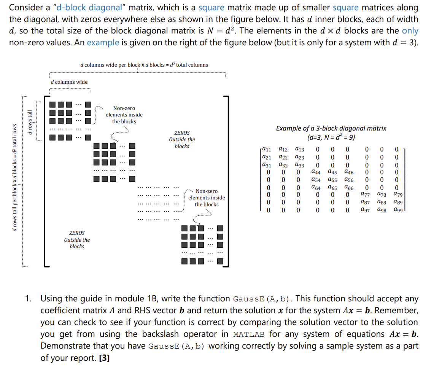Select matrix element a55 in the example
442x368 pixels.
332,180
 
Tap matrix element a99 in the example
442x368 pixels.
398,210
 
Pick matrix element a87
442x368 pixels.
365,202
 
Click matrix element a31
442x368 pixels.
267,165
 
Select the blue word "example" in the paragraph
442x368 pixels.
103,42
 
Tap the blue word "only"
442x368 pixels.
410,31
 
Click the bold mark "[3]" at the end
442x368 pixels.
103,358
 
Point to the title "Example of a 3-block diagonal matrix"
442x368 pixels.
331,128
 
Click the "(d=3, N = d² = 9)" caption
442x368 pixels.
331,137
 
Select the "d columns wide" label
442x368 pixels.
69,82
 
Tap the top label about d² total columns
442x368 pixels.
144,65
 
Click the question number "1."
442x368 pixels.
29,299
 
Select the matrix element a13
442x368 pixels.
299,150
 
